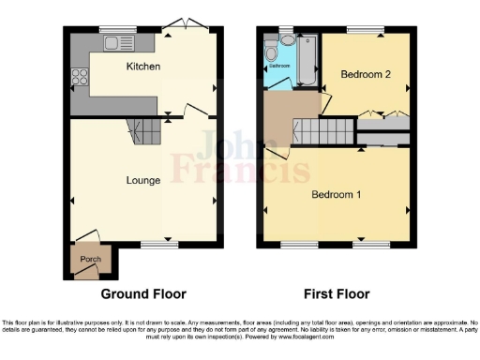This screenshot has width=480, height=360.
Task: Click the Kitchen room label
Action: [143, 67]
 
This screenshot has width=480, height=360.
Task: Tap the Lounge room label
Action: [142, 179]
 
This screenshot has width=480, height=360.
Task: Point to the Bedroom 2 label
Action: [364, 74]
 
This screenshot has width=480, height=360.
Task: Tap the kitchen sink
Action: [118, 42]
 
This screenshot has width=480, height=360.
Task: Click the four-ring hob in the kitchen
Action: [77, 79]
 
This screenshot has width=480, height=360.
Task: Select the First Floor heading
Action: [338, 293]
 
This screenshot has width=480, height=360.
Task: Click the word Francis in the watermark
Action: [254, 171]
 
